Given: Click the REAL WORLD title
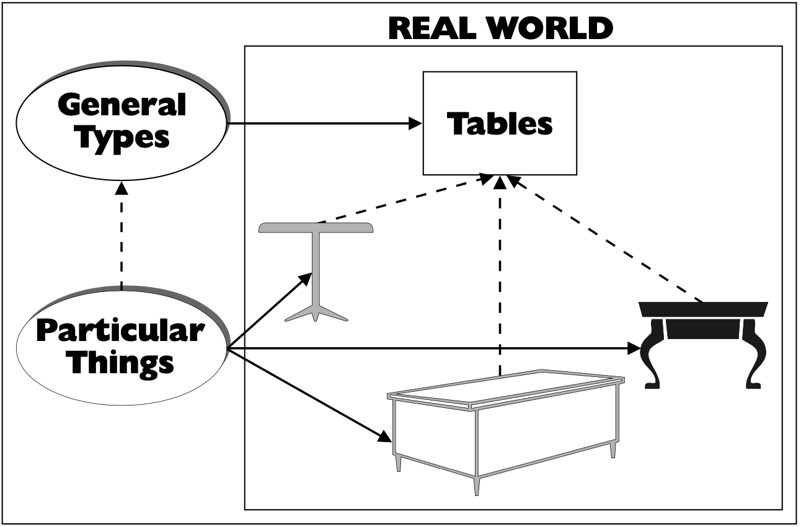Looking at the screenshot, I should click(x=501, y=28).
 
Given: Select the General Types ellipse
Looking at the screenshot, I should click(x=123, y=121).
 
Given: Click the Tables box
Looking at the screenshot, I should click(x=500, y=123).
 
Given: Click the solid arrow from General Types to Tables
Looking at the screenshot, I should click(x=322, y=123).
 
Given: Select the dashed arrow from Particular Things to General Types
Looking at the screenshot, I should click(x=122, y=236).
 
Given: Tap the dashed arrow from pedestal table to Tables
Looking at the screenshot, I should click(x=403, y=200).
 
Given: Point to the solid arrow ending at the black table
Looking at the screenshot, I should click(x=434, y=348).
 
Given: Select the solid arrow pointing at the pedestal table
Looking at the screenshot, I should click(x=270, y=310).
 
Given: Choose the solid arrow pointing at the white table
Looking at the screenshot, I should click(x=310, y=397).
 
